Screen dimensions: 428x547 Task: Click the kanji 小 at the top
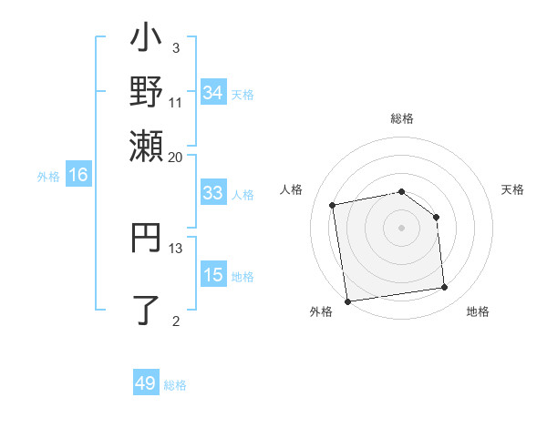(x=146, y=40)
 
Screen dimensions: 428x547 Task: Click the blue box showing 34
(x=212, y=93)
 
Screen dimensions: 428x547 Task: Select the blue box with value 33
(x=212, y=193)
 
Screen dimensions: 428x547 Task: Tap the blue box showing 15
(x=212, y=275)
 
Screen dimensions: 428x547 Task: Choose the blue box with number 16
(x=78, y=176)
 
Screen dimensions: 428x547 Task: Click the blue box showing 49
(x=146, y=383)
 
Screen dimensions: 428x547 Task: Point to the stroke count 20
(x=175, y=157)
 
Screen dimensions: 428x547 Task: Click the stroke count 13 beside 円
(x=176, y=248)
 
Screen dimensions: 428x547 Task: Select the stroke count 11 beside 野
(x=176, y=102)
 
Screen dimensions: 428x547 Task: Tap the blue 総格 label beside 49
(x=175, y=385)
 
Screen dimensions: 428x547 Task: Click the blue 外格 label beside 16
(x=48, y=177)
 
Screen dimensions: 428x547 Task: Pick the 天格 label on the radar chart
(x=512, y=189)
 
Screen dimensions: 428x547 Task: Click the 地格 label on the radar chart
(x=478, y=312)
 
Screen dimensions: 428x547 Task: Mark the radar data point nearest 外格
(x=347, y=301)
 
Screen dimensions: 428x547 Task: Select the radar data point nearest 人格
(x=333, y=205)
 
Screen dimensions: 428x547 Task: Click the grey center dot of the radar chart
(x=402, y=228)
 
